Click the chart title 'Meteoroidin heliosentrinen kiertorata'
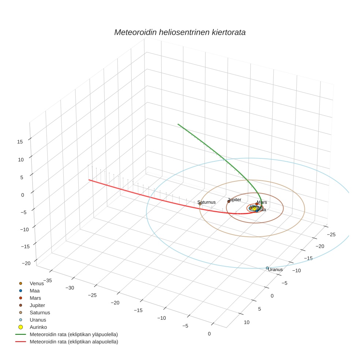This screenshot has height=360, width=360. [180, 32]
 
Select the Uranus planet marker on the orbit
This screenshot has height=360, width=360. [267, 268]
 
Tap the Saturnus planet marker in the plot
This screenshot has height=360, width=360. [200, 204]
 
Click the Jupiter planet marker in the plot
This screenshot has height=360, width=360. [229, 202]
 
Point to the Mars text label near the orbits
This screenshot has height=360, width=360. [262, 202]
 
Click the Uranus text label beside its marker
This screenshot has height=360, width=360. [275, 270]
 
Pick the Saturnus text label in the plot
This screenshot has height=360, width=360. [206, 202]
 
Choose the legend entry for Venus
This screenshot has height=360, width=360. [37, 283]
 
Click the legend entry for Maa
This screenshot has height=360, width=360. [35, 290]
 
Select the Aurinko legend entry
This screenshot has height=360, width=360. [38, 327]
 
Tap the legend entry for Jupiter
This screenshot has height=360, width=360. [37, 305]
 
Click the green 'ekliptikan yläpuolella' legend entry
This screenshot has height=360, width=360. [74, 334]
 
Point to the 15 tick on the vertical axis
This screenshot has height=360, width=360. [20, 142]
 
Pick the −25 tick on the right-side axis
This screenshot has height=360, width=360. [332, 234]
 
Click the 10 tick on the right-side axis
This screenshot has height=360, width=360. [247, 322]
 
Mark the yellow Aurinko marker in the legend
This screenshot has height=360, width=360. [21, 327]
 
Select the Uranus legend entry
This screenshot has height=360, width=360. [38, 320]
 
